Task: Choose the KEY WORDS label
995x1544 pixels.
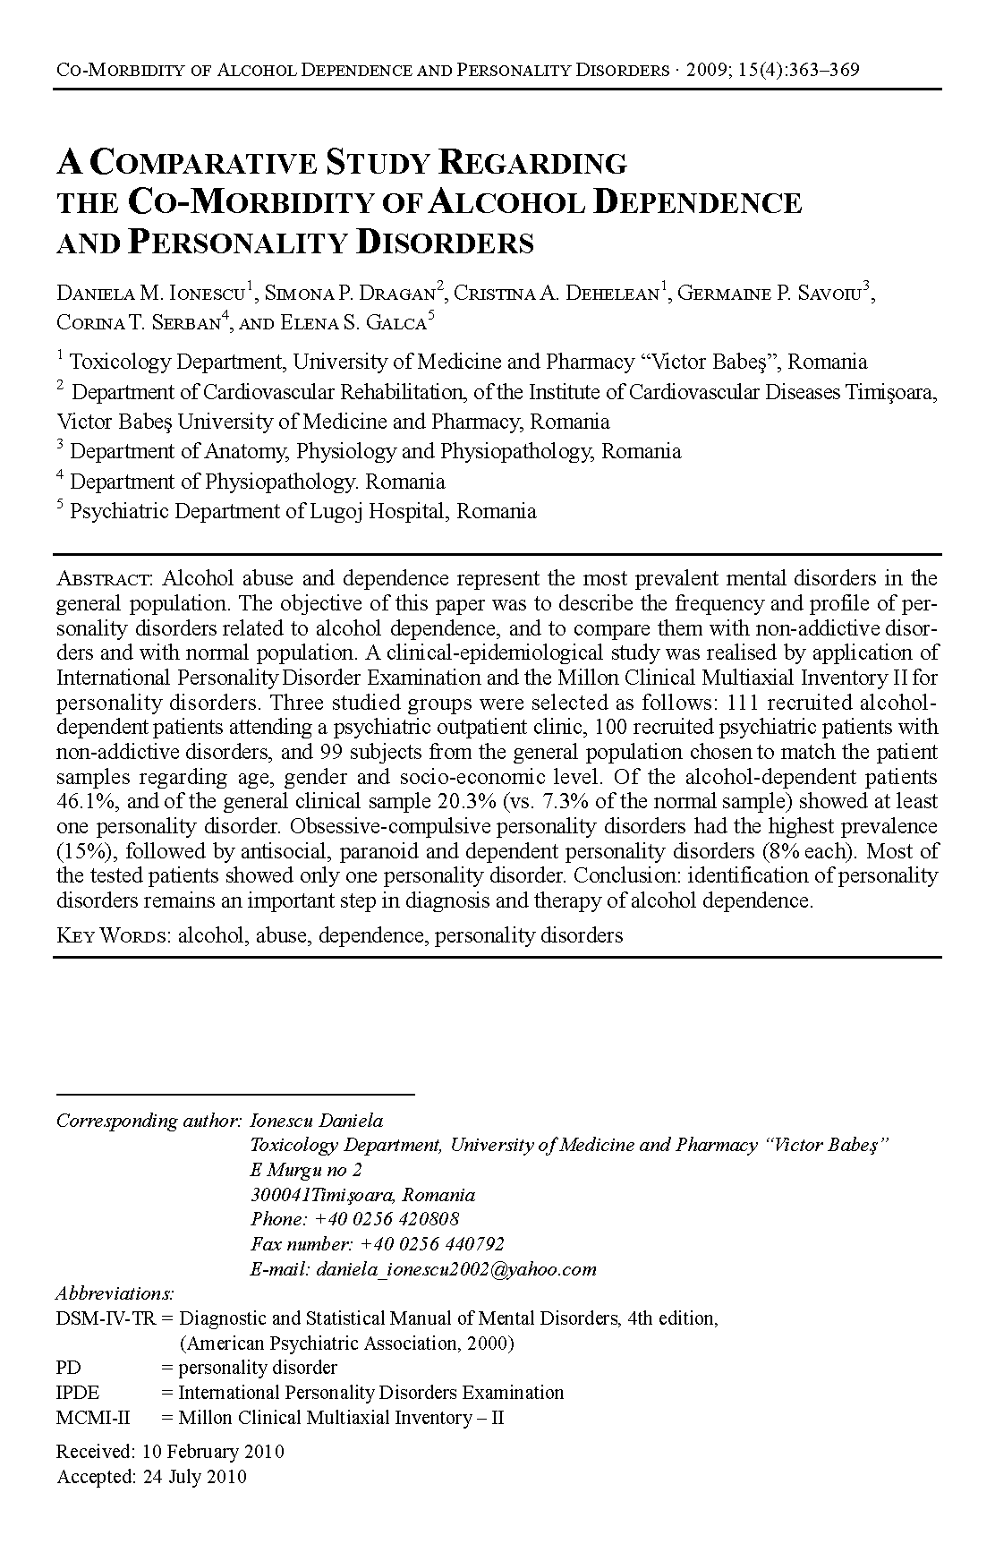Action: coord(114,936)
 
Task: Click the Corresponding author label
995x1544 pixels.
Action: coord(149,1121)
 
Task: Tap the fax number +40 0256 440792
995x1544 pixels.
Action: coord(431,1244)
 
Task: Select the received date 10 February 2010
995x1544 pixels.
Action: coord(213,1452)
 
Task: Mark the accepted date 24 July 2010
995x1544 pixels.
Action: coord(194,1477)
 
